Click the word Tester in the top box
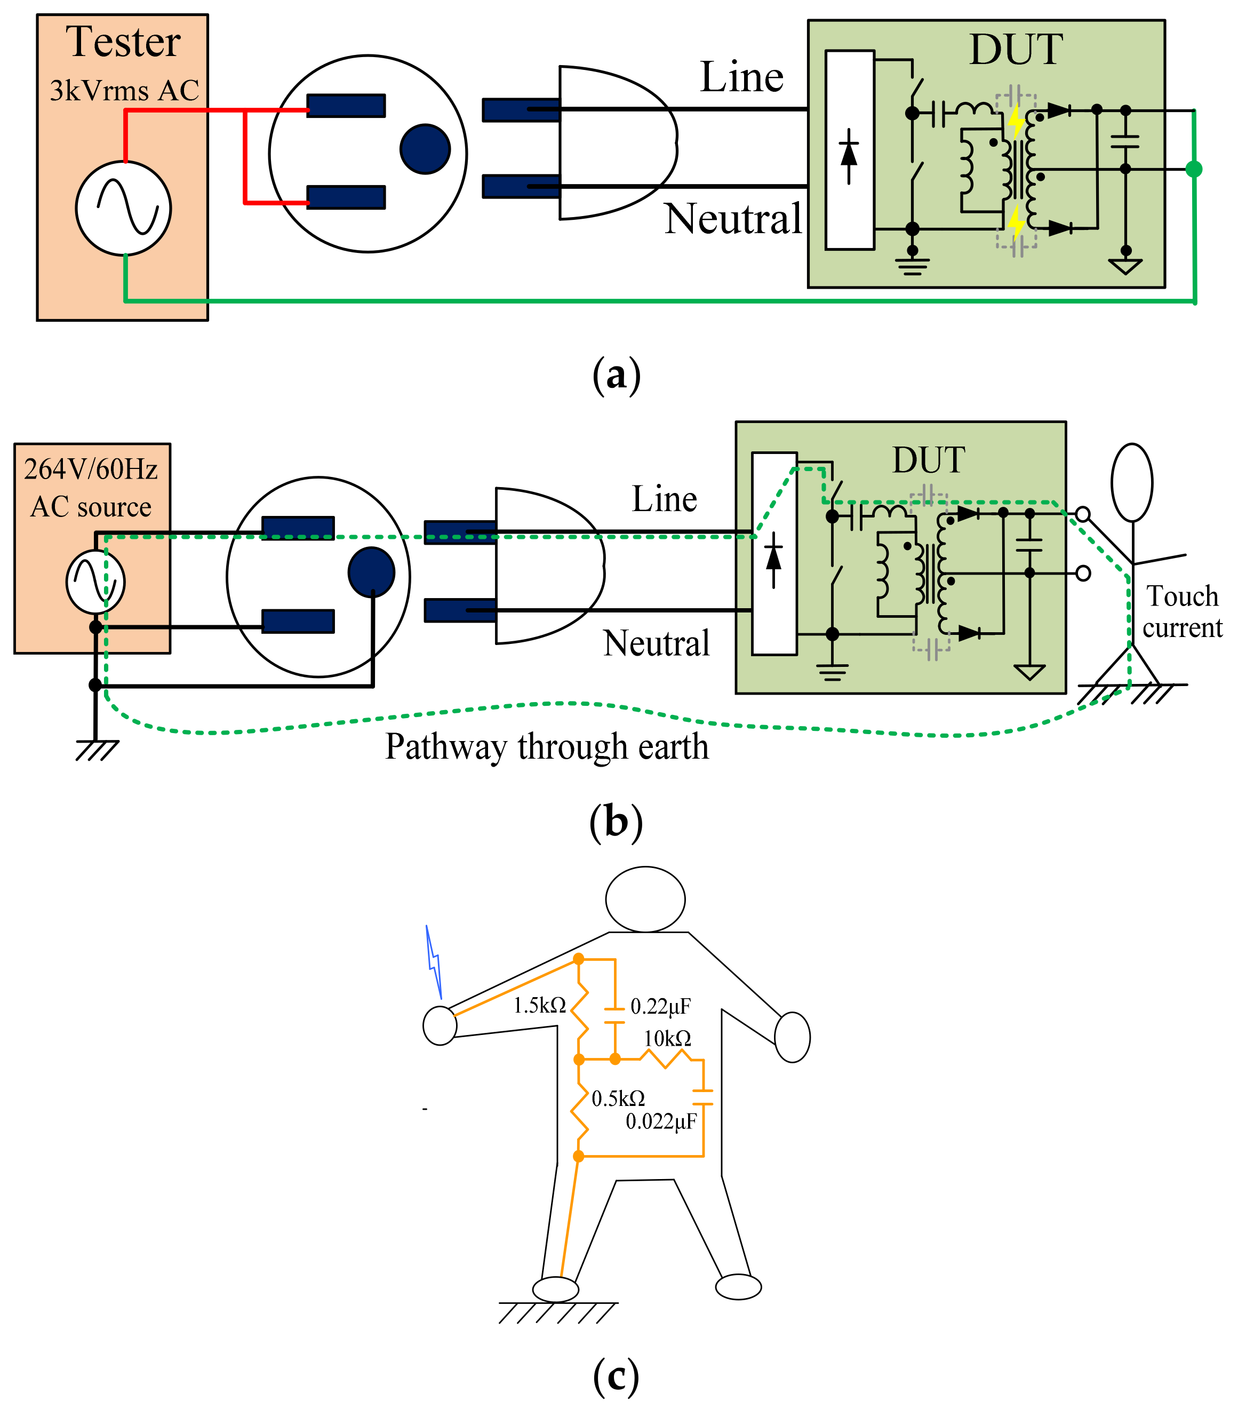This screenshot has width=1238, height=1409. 123,42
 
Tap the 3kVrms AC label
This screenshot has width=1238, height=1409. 124,90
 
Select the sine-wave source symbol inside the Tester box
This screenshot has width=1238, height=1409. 123,208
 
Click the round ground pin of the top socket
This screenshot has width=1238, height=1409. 425,149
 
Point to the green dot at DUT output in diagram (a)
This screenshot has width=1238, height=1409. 1194,169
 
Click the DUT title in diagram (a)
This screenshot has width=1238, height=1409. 1016,50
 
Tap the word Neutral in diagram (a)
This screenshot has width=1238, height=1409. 733,219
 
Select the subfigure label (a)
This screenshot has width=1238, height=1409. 616,376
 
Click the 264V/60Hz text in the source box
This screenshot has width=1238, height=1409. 91,469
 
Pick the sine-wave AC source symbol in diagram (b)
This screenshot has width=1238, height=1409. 96,581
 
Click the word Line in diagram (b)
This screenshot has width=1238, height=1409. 665,498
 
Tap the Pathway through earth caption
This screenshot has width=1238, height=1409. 547,746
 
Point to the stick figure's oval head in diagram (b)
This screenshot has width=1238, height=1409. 1132,482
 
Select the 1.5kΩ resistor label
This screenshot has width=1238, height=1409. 540,1006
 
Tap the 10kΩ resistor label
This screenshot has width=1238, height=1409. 668,1038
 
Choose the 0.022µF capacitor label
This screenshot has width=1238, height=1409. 661,1121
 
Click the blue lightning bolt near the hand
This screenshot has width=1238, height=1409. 434,961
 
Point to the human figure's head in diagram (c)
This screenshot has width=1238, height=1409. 645,899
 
